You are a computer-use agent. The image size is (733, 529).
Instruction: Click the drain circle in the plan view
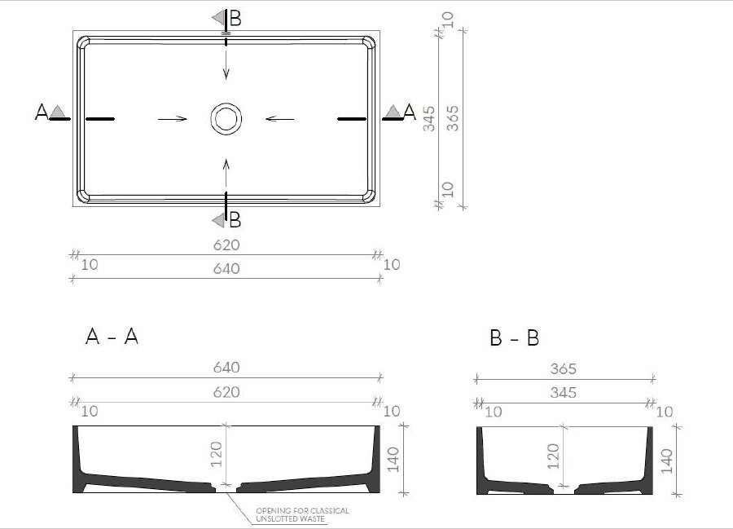[226, 104]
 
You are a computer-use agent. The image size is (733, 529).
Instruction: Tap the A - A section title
[112, 337]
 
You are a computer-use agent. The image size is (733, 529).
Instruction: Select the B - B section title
[514, 337]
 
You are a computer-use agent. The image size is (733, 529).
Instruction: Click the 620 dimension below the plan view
[226, 245]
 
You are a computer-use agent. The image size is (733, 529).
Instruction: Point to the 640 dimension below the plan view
[226, 269]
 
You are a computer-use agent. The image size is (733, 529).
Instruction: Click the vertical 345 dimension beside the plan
[428, 119]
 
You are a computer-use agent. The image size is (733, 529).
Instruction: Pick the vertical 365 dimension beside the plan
[453, 119]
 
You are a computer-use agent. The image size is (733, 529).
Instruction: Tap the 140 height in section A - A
[393, 459]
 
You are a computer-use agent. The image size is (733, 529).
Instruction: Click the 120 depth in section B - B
[552, 456]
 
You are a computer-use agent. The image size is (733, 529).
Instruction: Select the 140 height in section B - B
[666, 461]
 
